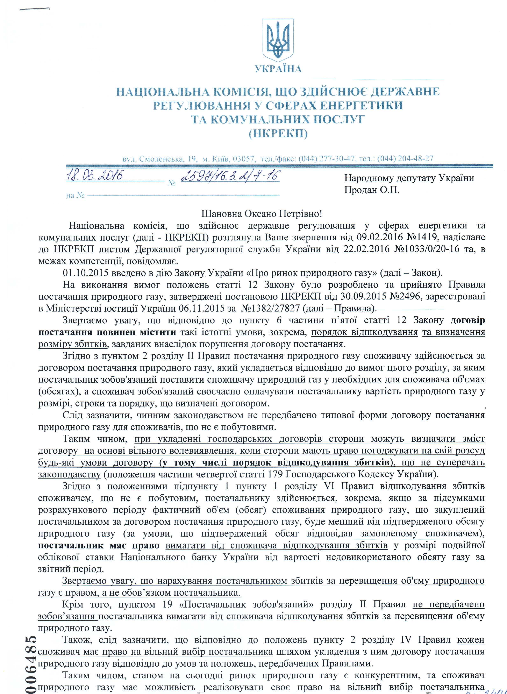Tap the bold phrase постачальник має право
click(x=99, y=545)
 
